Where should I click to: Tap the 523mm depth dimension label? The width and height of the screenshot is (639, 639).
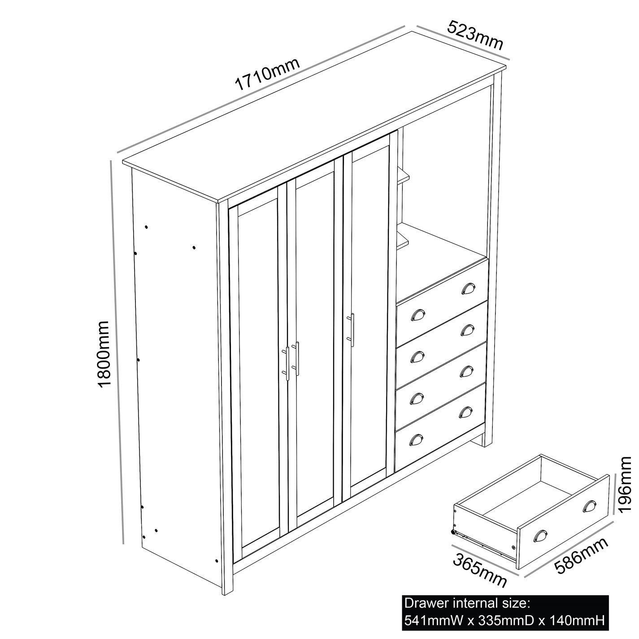pyautogui.click(x=475, y=35)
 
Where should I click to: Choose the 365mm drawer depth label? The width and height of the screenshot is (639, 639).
pyautogui.click(x=480, y=567)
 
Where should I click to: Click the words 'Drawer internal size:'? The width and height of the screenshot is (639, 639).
pyautogui.click(x=467, y=603)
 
